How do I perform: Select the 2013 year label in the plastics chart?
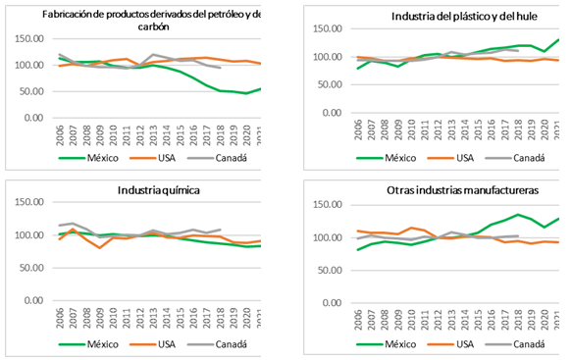452,132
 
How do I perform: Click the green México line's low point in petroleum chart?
245,93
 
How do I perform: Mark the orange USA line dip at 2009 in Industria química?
99,248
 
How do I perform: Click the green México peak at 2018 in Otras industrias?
517,215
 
